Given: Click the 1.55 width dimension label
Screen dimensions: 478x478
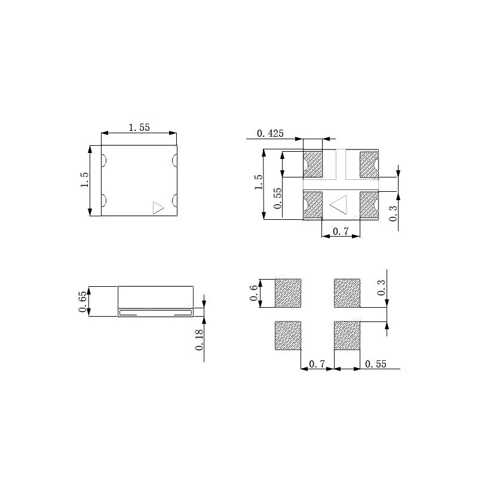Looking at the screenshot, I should pyautogui.click(x=139, y=127).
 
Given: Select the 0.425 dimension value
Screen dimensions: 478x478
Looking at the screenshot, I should pyautogui.click(x=270, y=133).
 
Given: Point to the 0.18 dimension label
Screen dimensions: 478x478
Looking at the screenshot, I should pyautogui.click(x=199, y=339).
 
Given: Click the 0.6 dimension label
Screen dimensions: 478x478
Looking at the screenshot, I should pyautogui.click(x=254, y=293).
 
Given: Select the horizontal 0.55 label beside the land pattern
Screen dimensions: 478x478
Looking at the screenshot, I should pyautogui.click(x=376, y=364).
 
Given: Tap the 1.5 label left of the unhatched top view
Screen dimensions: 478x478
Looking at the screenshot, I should pyautogui.click(x=84, y=180).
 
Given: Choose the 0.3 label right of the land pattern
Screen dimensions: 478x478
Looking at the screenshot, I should pyautogui.click(x=382, y=289).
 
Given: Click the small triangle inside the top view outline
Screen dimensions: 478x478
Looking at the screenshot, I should pyautogui.click(x=158, y=207).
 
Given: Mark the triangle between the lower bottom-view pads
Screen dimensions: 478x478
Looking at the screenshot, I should pyautogui.click(x=339, y=204).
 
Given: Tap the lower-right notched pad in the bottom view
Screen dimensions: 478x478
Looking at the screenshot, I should pyautogui.click(x=369, y=205).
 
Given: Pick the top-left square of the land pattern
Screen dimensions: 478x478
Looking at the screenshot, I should pyautogui.click(x=287, y=293).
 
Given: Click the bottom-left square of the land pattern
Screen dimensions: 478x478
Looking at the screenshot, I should pyautogui.click(x=287, y=335).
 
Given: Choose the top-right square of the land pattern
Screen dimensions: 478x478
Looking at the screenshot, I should pyautogui.click(x=347, y=293).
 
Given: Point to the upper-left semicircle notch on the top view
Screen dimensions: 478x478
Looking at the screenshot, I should pyautogui.click(x=103, y=160).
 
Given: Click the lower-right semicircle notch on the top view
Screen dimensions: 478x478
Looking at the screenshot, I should pyautogui.click(x=175, y=200).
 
